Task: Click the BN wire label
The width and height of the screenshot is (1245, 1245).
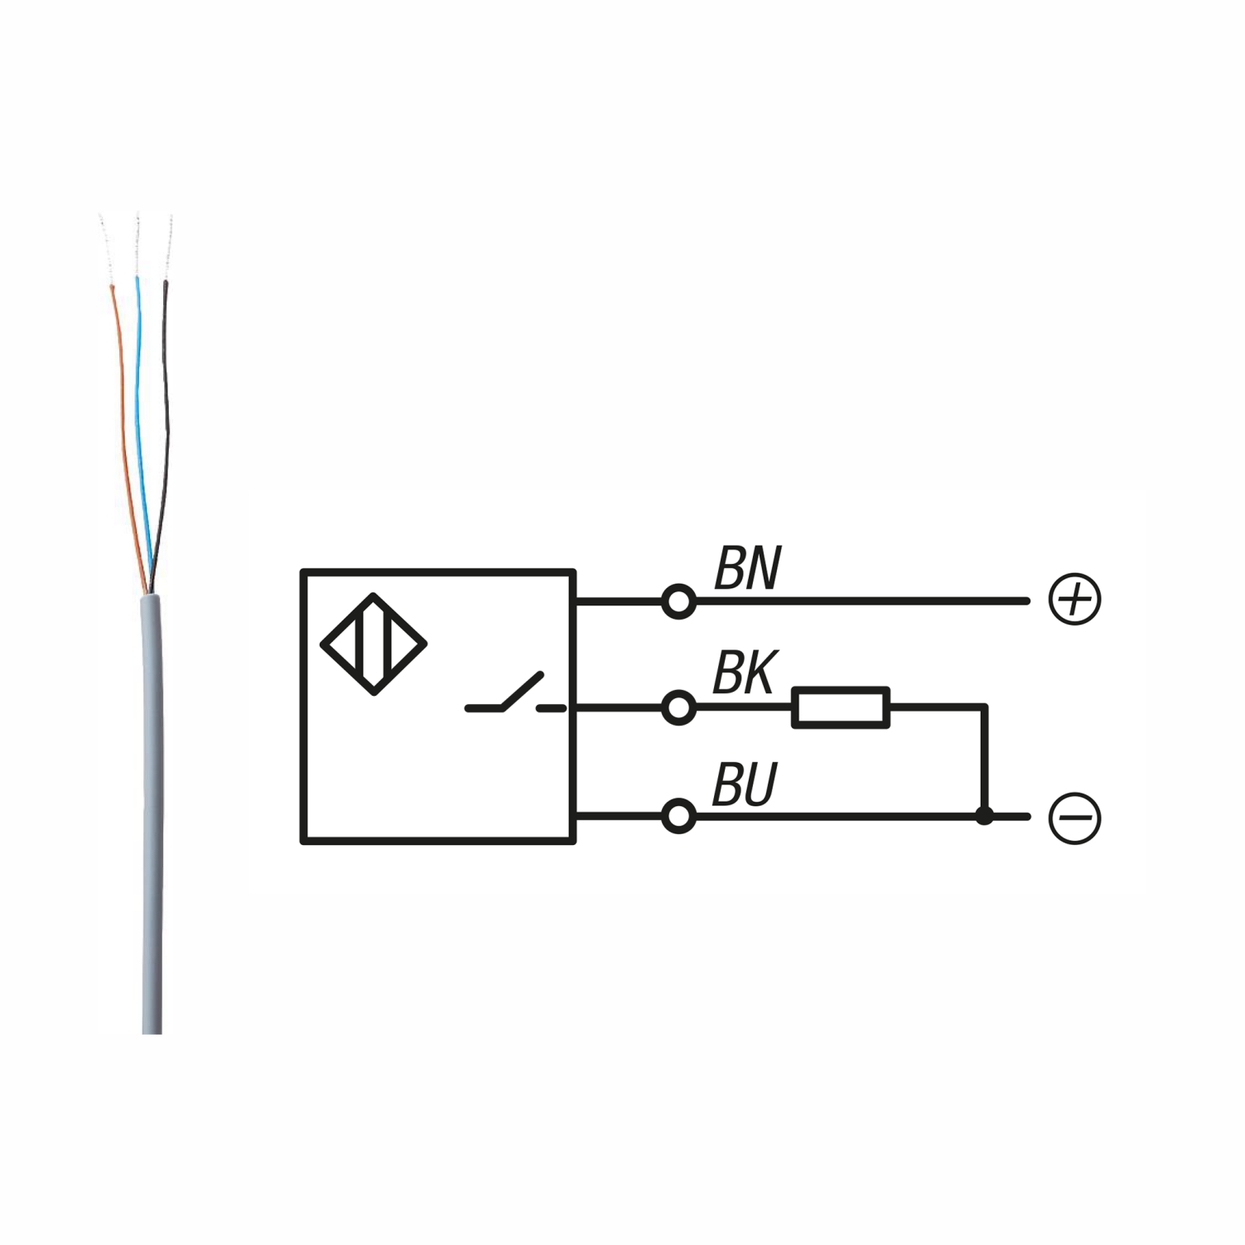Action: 747,569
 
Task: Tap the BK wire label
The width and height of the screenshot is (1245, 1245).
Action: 745,673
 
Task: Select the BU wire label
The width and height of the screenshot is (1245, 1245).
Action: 745,784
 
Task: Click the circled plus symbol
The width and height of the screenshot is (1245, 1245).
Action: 1074,599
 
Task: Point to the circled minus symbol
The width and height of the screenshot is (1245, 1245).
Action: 1074,818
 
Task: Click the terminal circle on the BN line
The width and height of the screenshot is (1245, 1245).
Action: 678,601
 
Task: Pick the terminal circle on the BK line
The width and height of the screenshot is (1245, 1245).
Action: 678,708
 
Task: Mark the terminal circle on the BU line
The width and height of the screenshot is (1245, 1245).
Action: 678,817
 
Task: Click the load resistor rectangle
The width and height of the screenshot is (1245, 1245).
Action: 840,707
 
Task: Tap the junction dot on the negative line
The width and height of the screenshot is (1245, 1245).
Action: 984,817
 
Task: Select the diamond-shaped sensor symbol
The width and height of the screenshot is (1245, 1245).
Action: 374,644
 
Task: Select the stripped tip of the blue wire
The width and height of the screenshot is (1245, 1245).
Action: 137,244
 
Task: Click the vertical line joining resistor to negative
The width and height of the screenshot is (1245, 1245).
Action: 984,762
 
